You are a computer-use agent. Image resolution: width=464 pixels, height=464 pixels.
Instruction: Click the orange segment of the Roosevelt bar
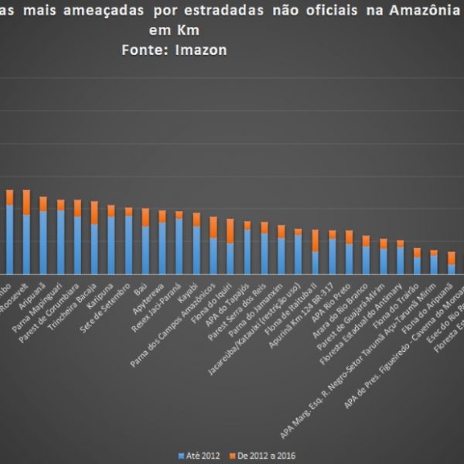tap(26, 202)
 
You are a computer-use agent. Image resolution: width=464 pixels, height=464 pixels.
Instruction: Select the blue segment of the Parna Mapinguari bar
tap(60, 241)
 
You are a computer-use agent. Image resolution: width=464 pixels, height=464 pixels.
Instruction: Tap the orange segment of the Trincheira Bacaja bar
tap(94, 213)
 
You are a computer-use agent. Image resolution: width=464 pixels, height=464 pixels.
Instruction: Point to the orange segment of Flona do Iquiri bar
tap(230, 230)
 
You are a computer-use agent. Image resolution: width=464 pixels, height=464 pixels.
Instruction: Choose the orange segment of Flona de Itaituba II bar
tap(315, 240)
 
